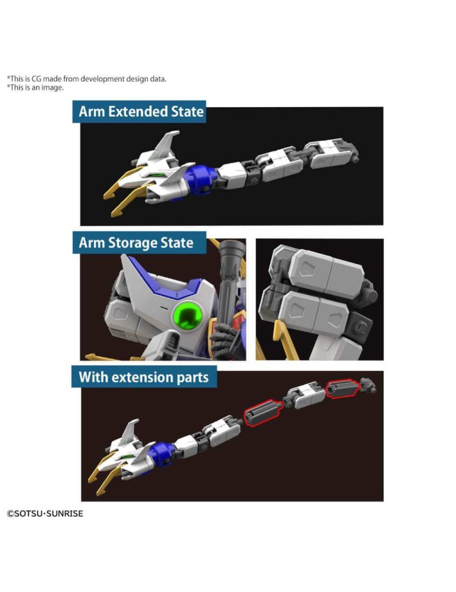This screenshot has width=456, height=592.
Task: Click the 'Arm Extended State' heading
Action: (141, 112)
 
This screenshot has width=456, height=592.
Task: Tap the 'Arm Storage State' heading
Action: (136, 243)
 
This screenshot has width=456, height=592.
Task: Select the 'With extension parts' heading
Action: (143, 377)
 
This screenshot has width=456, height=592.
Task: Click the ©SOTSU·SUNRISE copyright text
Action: (45, 513)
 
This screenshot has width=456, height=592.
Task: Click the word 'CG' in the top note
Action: (36, 79)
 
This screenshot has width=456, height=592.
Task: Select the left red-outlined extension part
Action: (263, 413)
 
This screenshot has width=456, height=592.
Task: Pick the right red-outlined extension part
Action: (342, 388)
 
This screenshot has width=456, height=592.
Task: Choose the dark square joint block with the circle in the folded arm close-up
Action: (360, 324)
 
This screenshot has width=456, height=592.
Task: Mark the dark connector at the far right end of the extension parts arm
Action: (368, 385)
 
